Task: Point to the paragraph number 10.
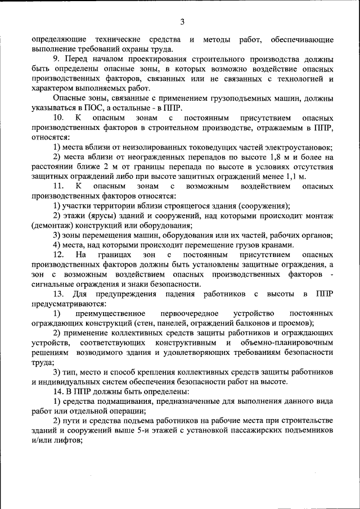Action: (58, 118)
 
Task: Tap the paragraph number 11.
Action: (58, 186)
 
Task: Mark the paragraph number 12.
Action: (58, 255)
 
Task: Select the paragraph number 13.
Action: (58, 294)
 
